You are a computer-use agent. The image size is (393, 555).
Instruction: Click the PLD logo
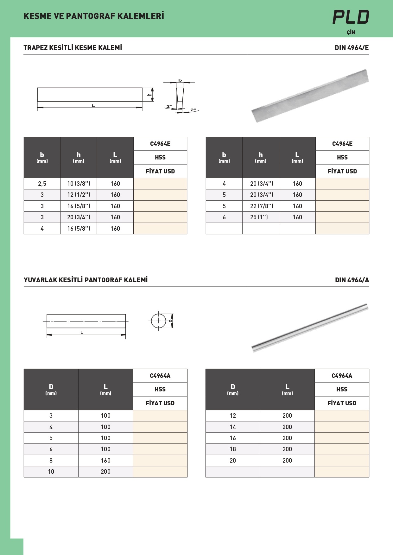click(351, 17)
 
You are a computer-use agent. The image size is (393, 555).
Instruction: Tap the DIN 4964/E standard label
click(352, 48)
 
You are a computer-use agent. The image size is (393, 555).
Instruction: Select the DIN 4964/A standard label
click(352, 280)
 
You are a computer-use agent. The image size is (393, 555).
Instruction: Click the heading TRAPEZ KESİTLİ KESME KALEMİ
click(73, 48)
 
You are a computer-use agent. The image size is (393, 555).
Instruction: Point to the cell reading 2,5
click(42, 184)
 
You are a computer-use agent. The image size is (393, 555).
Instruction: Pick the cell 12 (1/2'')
click(79, 195)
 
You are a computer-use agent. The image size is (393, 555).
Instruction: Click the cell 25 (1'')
click(259, 217)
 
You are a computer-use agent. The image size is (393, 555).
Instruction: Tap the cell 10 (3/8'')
click(79, 184)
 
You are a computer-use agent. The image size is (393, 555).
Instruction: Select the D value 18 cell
click(233, 449)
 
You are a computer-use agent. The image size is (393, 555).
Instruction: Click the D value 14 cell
click(233, 427)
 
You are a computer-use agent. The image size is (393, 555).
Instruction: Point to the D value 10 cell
click(51, 471)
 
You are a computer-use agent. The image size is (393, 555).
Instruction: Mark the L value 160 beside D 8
click(105, 460)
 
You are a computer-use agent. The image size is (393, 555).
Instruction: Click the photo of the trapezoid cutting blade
click(310, 96)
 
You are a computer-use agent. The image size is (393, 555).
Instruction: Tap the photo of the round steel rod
click(310, 327)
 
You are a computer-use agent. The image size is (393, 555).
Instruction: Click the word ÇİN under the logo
click(351, 32)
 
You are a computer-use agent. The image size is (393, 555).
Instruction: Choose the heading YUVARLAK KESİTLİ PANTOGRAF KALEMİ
click(86, 280)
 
